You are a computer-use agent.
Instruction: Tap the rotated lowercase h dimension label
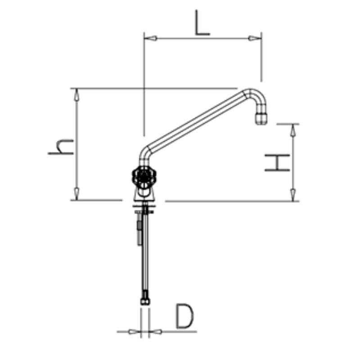(x=62, y=147)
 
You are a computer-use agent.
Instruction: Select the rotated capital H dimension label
(x=277, y=163)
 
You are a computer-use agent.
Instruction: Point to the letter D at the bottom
(x=184, y=316)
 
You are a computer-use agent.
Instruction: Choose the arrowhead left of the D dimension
(x=133, y=332)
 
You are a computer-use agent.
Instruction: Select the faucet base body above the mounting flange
(x=144, y=194)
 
